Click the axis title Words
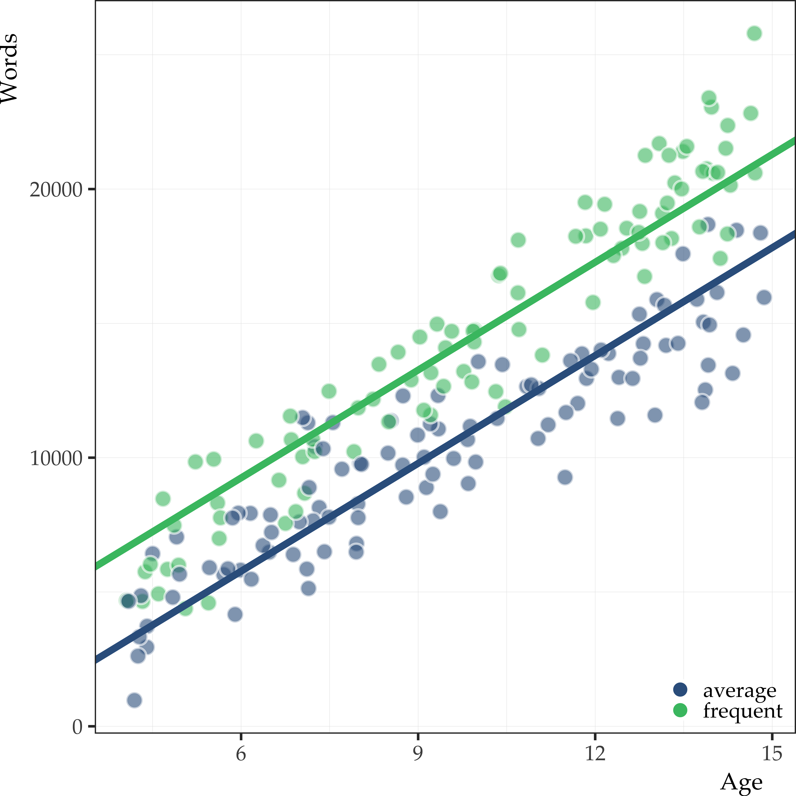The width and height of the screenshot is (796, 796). pyautogui.click(x=9, y=68)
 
